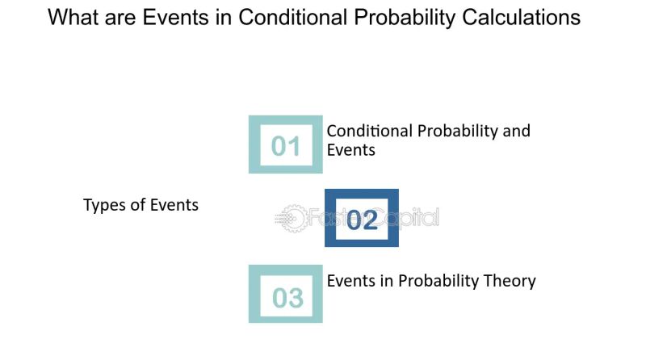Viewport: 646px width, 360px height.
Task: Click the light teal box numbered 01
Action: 285,144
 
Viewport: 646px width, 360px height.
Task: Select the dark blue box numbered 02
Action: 362,218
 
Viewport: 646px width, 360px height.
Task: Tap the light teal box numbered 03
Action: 285,294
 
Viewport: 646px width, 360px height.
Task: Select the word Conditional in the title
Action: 285,18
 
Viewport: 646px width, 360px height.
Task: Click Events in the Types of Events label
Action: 173,205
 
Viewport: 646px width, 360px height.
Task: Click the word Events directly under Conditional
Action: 350,149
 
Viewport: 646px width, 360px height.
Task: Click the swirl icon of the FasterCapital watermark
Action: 290,218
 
